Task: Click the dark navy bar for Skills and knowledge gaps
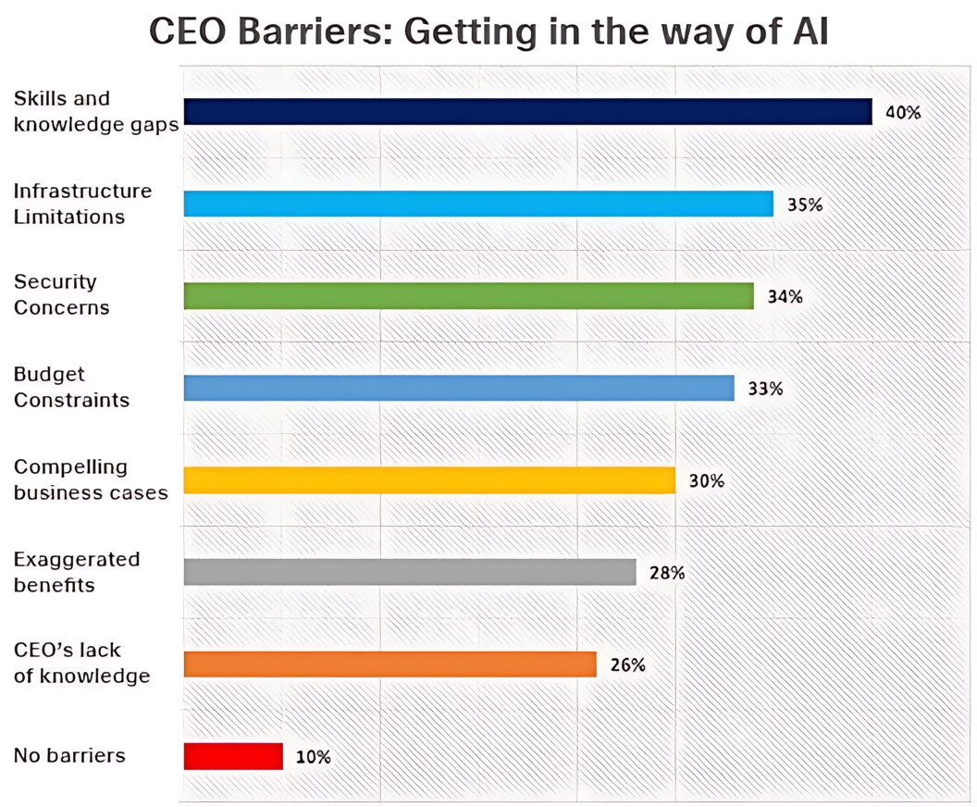point(527,112)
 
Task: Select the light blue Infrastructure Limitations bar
point(478,204)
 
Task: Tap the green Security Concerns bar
point(468,296)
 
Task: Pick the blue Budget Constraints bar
point(459,388)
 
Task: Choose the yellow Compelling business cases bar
point(429,480)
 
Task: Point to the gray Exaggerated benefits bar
point(410,572)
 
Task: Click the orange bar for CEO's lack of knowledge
point(390,664)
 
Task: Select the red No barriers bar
point(233,756)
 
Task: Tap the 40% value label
point(903,113)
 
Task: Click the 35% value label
point(804,205)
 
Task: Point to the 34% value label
point(785,297)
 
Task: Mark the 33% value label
point(765,389)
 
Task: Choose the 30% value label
point(706,481)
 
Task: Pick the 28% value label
point(667,573)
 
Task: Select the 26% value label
point(627,664)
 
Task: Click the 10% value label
point(313,757)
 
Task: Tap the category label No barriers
point(69,755)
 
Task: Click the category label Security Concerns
point(61,294)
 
